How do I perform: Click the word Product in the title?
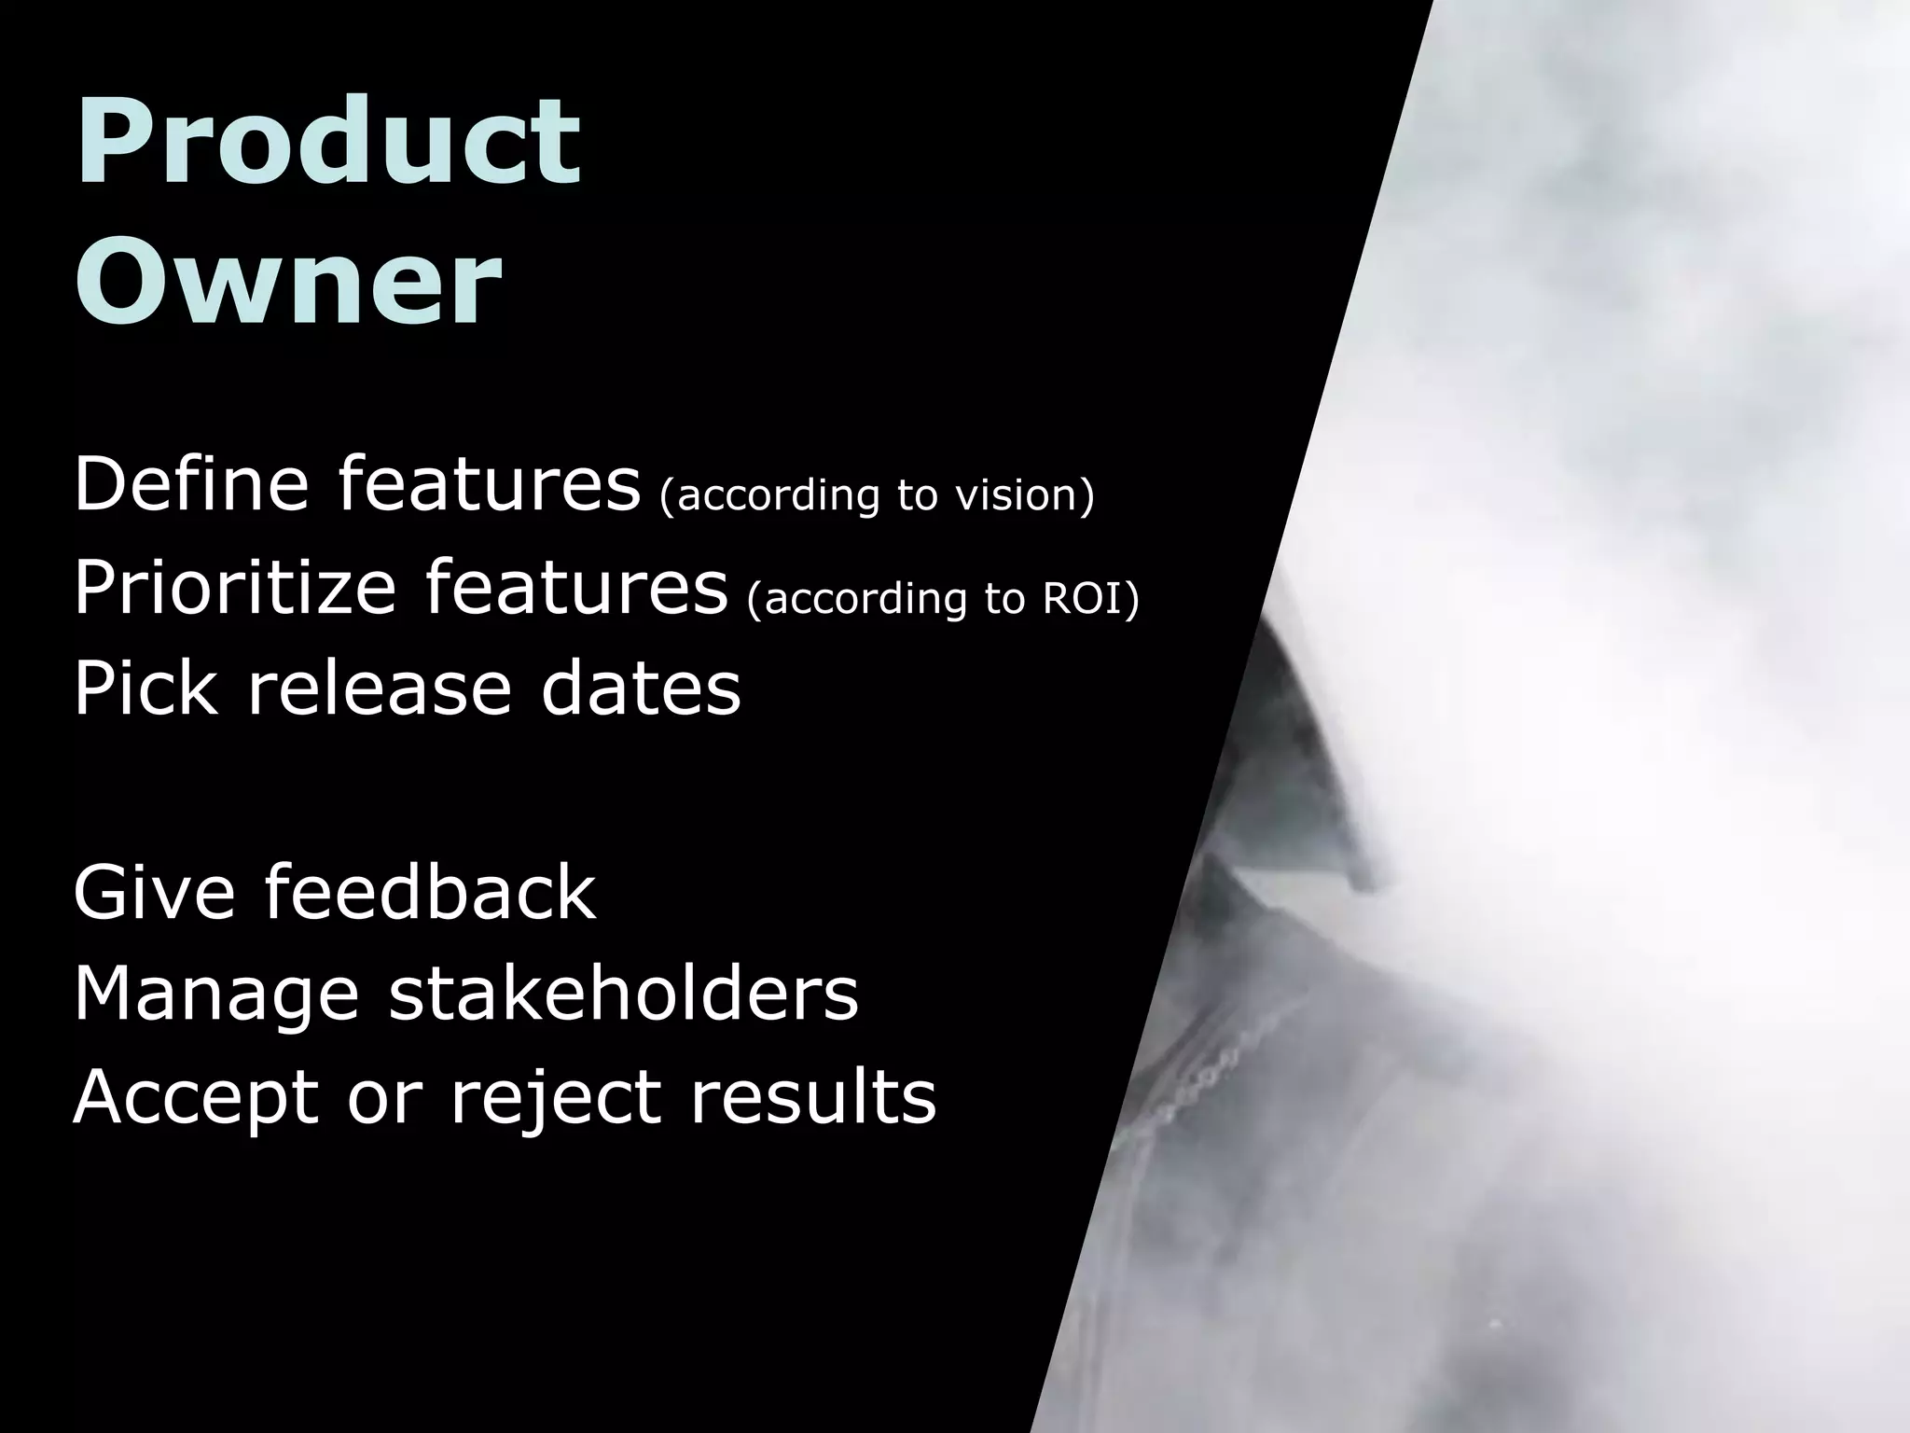[328, 142]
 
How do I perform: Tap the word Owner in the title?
[288, 280]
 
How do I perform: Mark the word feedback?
[430, 892]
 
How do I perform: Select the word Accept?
[196, 1097]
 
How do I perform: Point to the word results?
[812, 1097]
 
